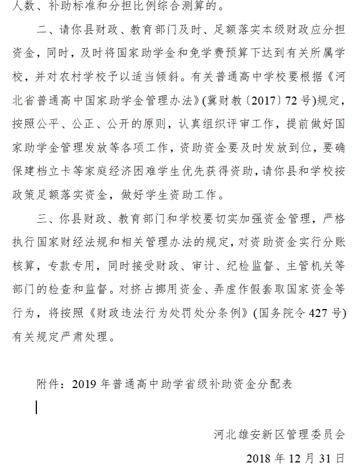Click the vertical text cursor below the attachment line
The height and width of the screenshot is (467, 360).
tap(37, 407)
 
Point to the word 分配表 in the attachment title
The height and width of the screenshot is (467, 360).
tap(276, 384)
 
